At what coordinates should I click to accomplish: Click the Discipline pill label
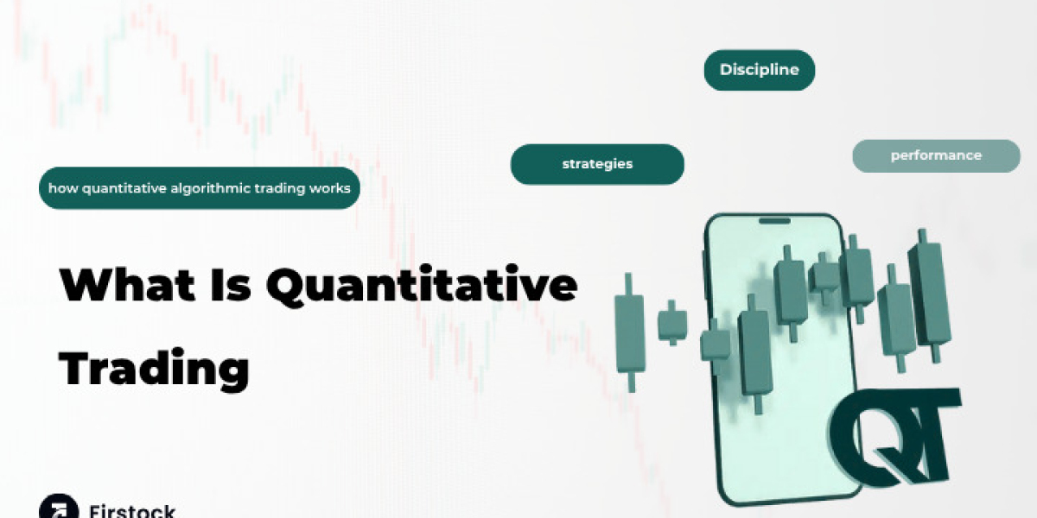(759, 70)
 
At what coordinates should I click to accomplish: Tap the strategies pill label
(597, 164)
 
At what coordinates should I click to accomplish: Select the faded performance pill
(936, 156)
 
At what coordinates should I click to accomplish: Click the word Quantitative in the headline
(421, 286)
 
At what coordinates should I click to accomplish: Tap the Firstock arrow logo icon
(57, 508)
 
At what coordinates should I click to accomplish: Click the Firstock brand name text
(131, 509)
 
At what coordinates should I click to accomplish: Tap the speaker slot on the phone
(773, 221)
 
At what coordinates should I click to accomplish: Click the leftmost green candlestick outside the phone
(629, 332)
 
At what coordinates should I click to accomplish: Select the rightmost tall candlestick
(929, 292)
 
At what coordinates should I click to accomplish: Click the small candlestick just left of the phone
(671, 324)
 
